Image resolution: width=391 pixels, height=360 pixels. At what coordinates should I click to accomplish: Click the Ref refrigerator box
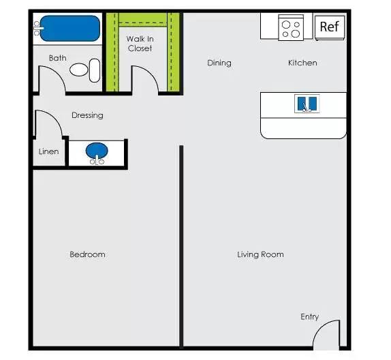(329, 27)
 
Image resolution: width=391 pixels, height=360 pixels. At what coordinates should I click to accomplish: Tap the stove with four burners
(291, 28)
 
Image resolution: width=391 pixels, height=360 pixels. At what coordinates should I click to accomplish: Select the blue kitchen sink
(307, 104)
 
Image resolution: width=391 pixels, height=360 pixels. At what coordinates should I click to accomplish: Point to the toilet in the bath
(84, 70)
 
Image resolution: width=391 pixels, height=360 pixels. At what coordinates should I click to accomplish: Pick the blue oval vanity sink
(97, 151)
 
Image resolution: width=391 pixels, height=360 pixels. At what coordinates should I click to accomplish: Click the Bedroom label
(87, 254)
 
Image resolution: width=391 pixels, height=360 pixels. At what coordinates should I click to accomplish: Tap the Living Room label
(260, 254)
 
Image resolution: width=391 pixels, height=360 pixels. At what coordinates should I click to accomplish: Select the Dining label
(219, 63)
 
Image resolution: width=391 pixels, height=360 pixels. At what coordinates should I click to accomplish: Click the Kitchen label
(302, 63)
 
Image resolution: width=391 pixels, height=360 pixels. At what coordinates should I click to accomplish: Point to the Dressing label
(87, 115)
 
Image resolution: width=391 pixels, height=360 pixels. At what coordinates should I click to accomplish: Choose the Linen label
(48, 151)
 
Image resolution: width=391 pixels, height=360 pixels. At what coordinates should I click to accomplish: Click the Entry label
(309, 317)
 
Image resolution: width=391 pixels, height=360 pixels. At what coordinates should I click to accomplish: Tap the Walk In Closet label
(140, 44)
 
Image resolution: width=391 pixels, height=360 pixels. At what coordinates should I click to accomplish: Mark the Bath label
(57, 58)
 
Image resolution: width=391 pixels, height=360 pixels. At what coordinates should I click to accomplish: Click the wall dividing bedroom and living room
(181, 245)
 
